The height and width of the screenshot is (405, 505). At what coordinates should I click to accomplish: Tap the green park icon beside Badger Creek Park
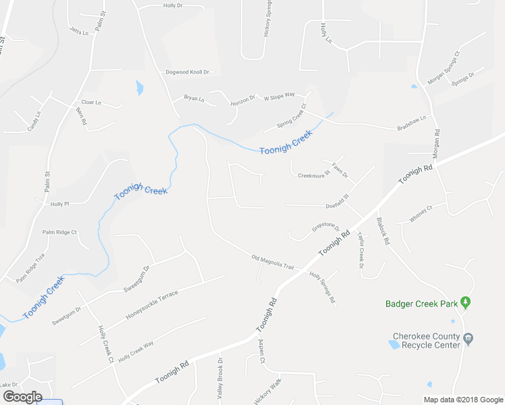pos(466,303)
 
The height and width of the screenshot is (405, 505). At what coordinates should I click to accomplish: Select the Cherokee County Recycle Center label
pos(427,341)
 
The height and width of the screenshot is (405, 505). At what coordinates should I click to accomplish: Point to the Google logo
pos(22,397)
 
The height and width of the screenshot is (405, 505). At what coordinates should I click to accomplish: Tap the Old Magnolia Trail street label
pos(273,262)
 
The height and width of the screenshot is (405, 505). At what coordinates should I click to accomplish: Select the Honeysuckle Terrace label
pos(153,305)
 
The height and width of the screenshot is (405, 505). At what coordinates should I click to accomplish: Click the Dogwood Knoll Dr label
pos(188,72)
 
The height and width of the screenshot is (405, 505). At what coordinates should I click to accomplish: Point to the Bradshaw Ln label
pos(412,122)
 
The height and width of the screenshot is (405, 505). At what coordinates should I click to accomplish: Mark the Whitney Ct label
pos(420,214)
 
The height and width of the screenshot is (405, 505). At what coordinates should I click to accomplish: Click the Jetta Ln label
pos(79,31)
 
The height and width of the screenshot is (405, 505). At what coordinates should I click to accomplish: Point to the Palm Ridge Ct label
pos(59,232)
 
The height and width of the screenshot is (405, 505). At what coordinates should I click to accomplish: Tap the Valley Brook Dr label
pos(220,381)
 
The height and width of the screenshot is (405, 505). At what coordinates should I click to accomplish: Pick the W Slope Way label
pos(280,97)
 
